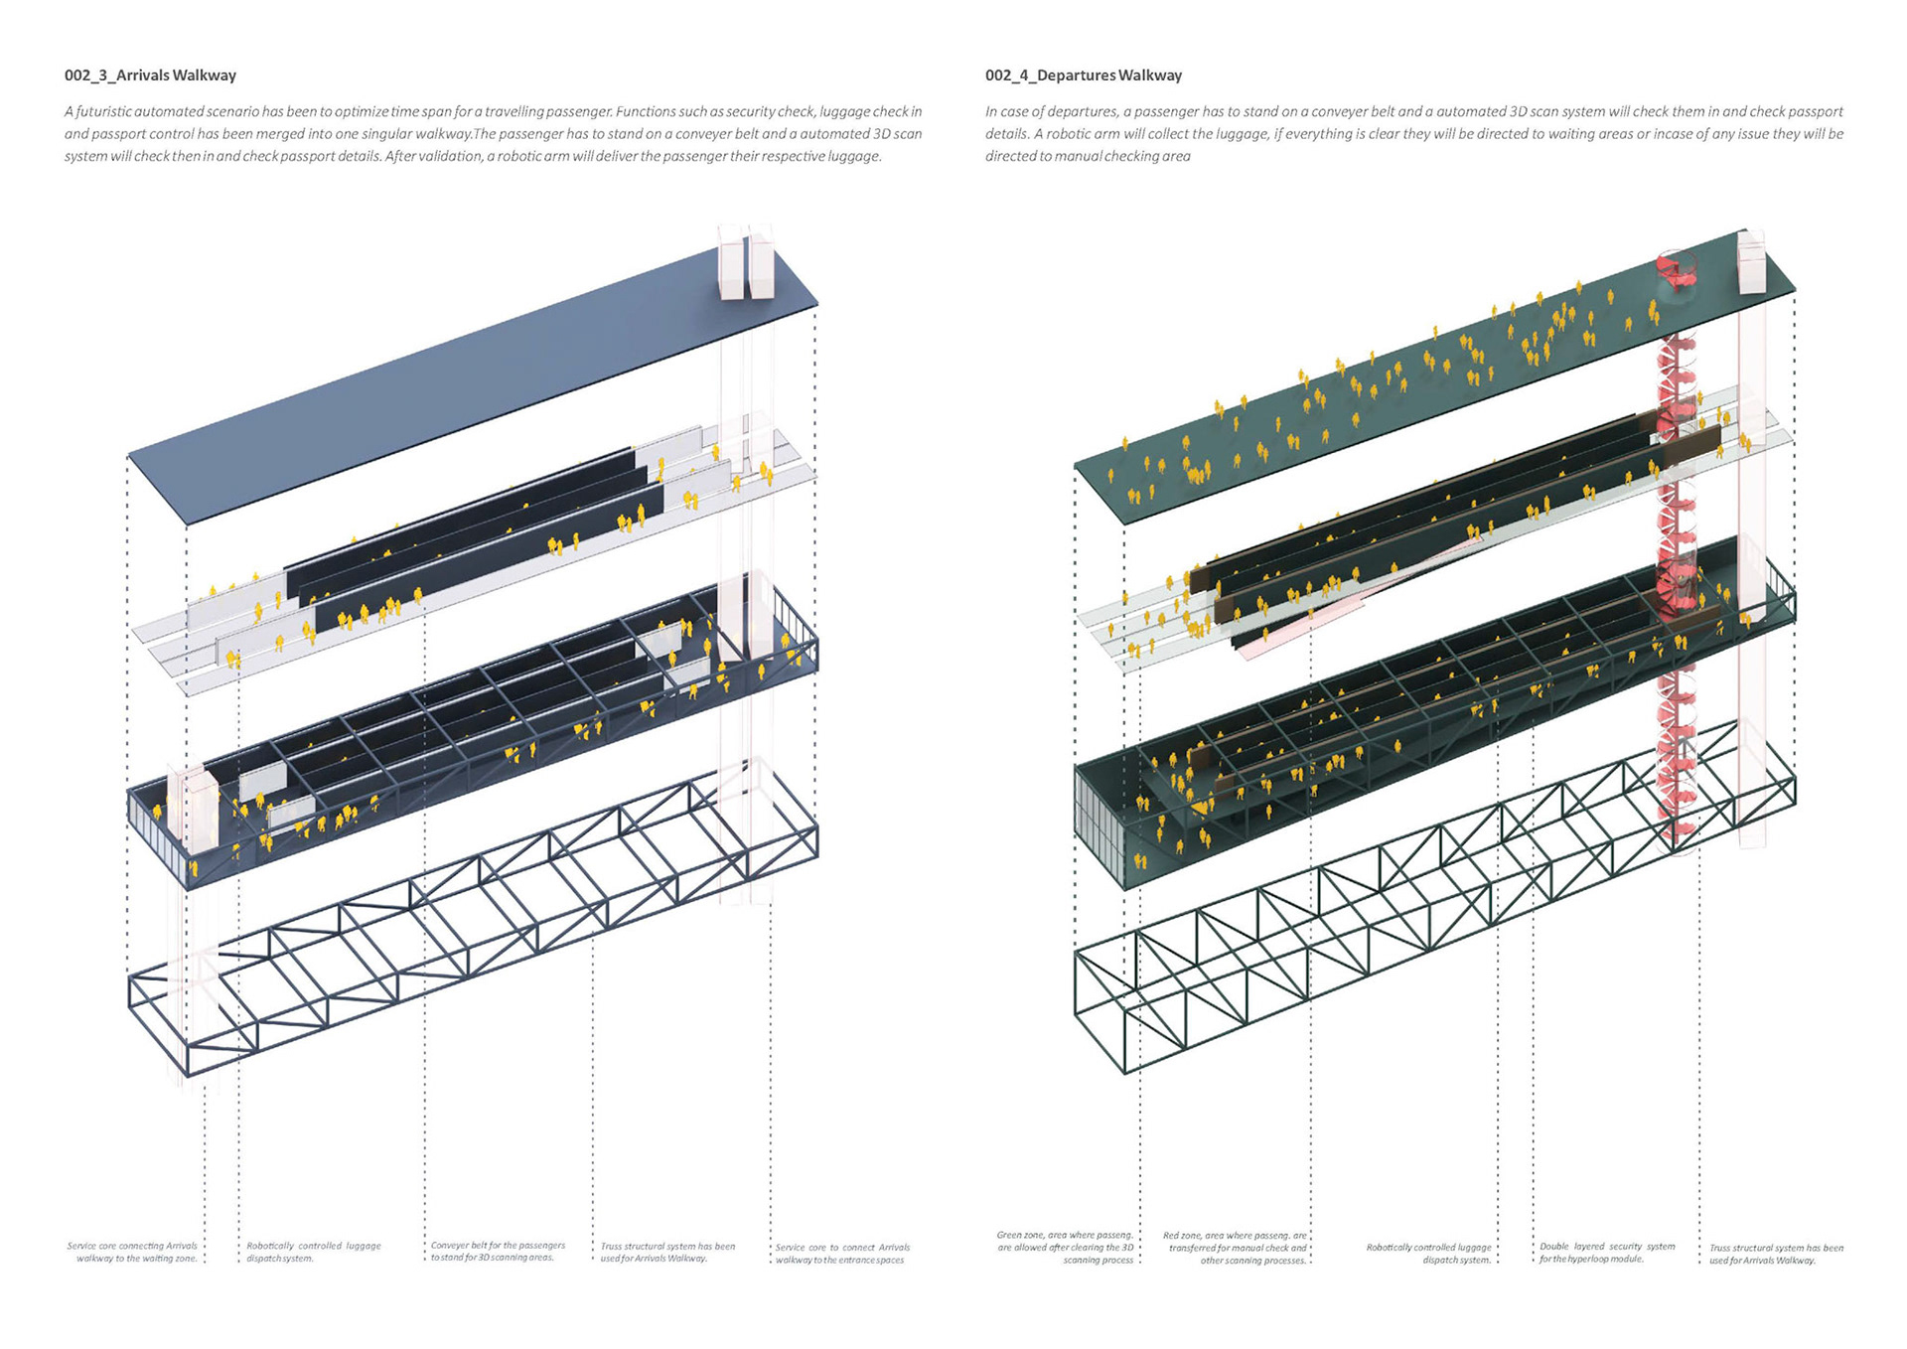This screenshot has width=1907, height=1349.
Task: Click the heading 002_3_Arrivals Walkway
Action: click(150, 75)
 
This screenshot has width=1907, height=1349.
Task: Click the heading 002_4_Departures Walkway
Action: click(1083, 75)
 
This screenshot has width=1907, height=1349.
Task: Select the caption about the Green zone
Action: click(1065, 1248)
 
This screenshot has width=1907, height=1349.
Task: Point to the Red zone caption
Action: click(1235, 1248)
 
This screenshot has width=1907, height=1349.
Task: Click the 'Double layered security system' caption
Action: click(1607, 1252)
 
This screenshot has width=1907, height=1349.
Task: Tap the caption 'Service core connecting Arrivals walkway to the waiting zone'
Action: click(132, 1252)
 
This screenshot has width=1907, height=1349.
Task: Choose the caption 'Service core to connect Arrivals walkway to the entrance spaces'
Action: click(841, 1254)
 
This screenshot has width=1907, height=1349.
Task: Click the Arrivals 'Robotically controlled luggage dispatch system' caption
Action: click(313, 1252)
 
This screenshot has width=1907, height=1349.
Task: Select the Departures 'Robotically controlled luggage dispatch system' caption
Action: click(1428, 1254)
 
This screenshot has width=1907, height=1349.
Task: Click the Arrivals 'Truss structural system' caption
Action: click(667, 1252)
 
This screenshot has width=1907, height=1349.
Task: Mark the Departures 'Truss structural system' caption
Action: click(1776, 1254)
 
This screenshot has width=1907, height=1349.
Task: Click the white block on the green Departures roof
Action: click(1751, 263)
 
